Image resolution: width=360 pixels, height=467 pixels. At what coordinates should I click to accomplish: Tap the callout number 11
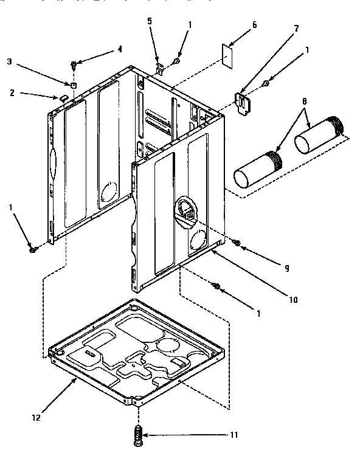(x=234, y=435)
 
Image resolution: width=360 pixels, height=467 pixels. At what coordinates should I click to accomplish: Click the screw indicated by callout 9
(x=237, y=243)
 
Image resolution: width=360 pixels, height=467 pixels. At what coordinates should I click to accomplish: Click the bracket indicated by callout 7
(x=244, y=102)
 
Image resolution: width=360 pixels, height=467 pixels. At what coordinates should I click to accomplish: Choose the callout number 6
(x=254, y=25)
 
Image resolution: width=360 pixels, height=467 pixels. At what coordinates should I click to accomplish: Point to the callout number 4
(x=120, y=48)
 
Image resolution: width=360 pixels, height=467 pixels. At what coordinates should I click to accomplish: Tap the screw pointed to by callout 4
(x=74, y=63)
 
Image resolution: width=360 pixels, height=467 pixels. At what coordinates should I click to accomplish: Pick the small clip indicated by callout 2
(x=63, y=96)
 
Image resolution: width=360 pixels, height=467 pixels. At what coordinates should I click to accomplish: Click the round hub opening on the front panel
(x=187, y=210)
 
